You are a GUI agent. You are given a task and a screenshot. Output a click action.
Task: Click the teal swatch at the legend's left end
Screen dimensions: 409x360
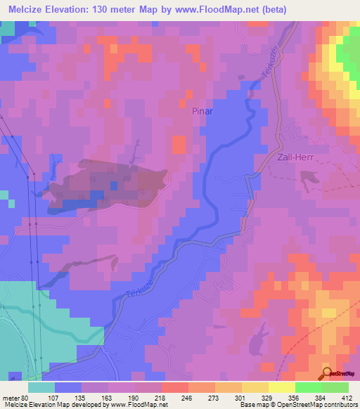(41, 387)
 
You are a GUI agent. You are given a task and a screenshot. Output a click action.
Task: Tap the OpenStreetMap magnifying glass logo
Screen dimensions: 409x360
(327, 373)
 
